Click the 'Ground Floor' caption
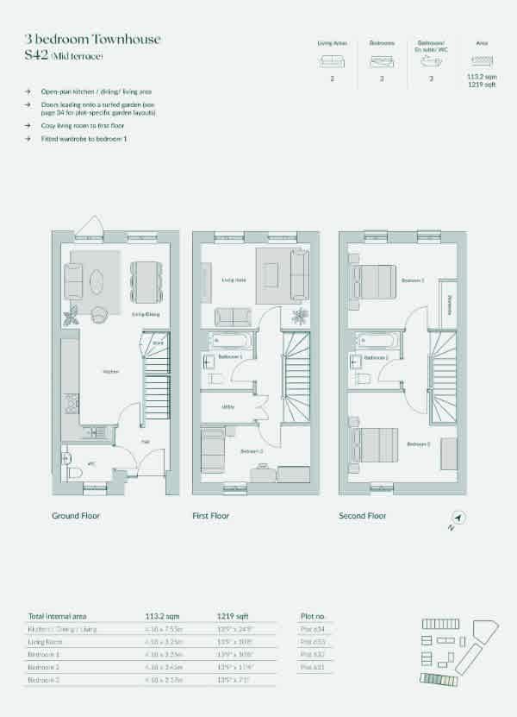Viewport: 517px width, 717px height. (x=77, y=516)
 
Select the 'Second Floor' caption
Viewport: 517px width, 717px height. (x=363, y=516)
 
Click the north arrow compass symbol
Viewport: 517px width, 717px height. (x=458, y=518)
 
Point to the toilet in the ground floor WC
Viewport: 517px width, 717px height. (x=75, y=471)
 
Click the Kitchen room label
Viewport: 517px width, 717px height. (x=110, y=372)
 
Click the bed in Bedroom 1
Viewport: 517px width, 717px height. (x=375, y=281)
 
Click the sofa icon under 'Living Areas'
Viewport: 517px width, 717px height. (x=332, y=61)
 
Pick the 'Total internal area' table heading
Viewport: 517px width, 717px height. (x=60, y=616)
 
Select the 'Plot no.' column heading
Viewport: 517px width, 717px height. (x=313, y=617)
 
